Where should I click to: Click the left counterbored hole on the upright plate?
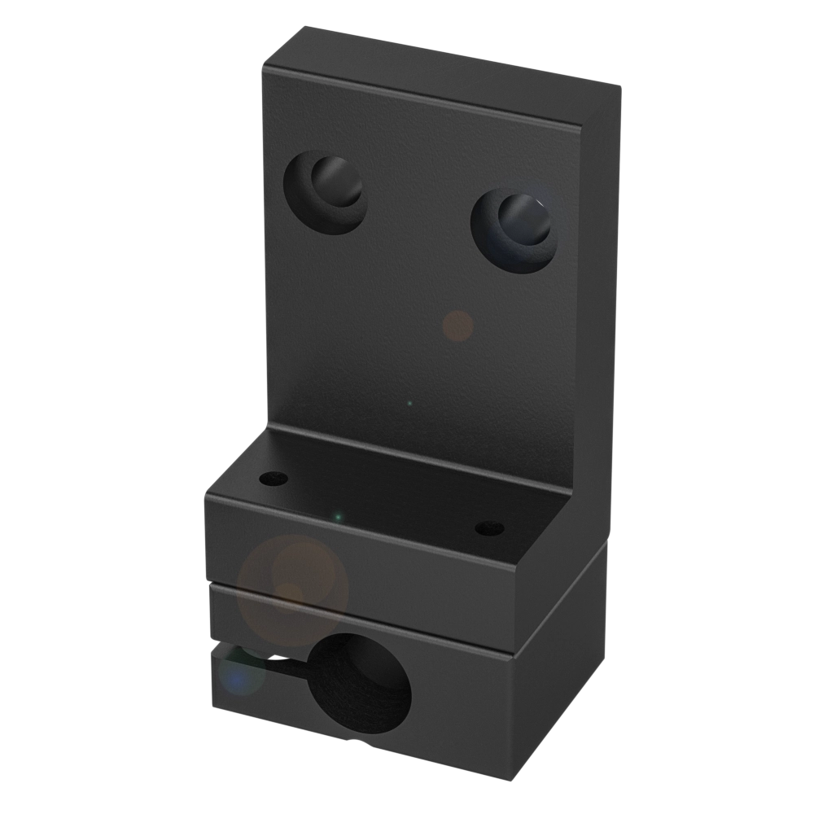pos(324,192)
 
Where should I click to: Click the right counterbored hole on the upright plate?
pos(514,230)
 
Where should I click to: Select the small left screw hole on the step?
pos(274,477)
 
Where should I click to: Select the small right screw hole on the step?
pos(489,529)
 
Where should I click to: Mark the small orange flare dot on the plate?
pos(457,326)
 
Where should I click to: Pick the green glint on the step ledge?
pos(337,515)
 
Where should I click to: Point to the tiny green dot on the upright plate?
pos(409,403)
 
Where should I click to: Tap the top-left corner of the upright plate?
pos(265,60)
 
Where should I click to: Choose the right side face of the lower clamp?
pos(562,692)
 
